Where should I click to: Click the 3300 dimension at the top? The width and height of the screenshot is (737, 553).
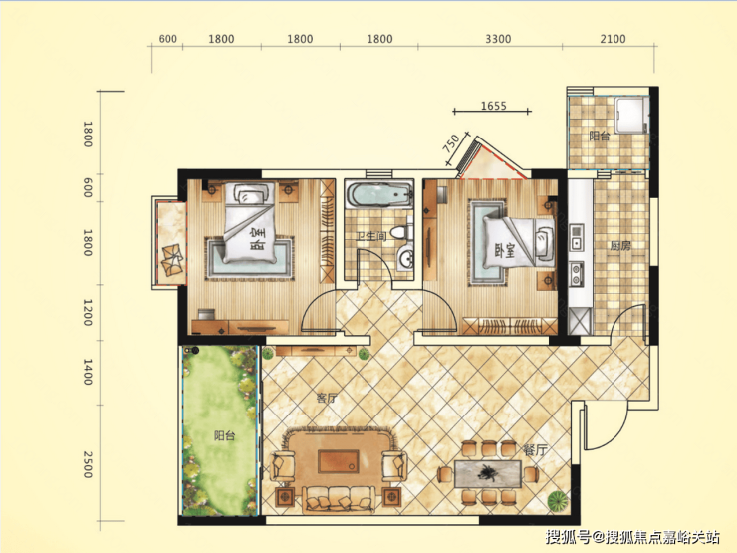coord(498,39)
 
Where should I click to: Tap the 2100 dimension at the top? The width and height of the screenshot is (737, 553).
coord(613,39)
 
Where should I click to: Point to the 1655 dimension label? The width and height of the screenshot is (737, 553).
coord(494,106)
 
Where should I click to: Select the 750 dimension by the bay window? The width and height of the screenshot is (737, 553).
coord(451,143)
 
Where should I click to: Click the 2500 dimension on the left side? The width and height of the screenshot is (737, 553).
coord(88,464)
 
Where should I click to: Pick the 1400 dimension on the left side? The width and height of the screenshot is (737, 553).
coord(88,372)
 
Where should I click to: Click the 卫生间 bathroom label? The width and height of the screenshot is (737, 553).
coord(370,235)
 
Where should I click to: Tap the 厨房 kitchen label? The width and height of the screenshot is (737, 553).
coord(620,245)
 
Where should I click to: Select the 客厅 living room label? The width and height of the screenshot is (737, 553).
coord(327,398)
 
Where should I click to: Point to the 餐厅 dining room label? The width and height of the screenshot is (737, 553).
coord(535,450)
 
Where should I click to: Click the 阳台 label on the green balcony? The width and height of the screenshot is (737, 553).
coord(224,435)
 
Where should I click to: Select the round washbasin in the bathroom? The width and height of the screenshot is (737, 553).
coord(405,258)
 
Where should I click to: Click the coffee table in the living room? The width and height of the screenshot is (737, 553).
coord(339,461)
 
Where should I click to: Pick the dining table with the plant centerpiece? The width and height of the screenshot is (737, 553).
coord(487,474)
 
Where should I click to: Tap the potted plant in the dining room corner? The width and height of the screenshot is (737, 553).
coord(558,501)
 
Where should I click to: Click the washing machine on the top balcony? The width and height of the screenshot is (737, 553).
coord(631,116)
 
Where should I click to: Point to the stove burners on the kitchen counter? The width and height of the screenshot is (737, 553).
coord(576,275)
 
